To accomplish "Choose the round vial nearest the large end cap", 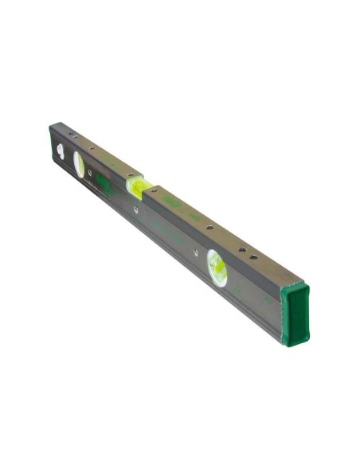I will coord(217,268).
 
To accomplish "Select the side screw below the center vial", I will coord(137,211).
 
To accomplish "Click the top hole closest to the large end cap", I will coord(253,257).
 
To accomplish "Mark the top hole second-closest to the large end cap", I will coord(237,246).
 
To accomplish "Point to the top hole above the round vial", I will coord(209,229).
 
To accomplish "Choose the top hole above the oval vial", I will coord(90,147).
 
